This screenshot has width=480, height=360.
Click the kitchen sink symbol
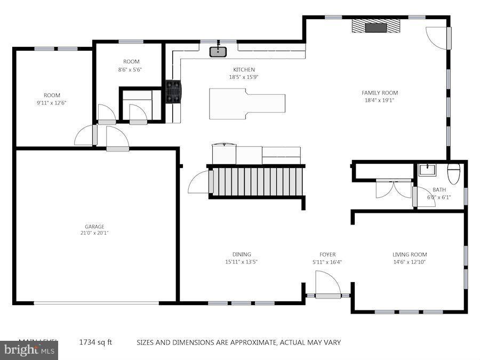coord(218,51)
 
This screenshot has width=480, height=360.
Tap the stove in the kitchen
coord(173,91)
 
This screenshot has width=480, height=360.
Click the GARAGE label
coord(94,226)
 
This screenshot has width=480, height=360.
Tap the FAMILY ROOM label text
coord(380,93)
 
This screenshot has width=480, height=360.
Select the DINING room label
coord(242,254)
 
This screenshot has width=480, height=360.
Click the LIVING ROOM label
coord(410,254)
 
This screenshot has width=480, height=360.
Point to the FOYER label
coord(327,254)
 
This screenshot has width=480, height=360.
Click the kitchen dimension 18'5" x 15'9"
coord(244,77)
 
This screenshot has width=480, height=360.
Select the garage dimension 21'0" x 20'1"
coord(94,233)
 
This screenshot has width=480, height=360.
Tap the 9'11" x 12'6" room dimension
coord(52,103)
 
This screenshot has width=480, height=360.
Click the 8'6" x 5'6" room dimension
coord(130,69)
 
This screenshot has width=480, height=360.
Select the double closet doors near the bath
coord(394,189)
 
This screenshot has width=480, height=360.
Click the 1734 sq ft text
coord(95,342)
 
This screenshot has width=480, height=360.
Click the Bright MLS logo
coord(29,350)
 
